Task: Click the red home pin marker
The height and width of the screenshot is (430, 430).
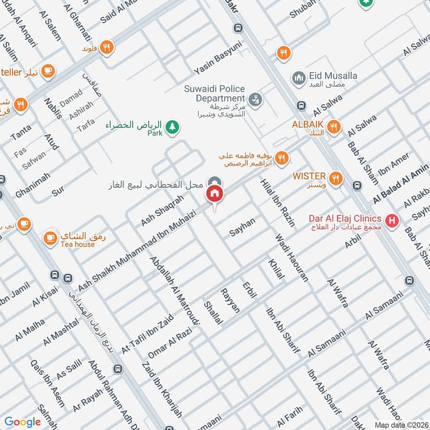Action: [x=215, y=193]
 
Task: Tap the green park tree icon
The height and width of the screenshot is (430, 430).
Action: [x=172, y=127]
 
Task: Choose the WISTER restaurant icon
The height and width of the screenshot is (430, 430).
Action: [x=336, y=177]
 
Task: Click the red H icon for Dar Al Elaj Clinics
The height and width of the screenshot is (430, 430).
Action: [x=392, y=220]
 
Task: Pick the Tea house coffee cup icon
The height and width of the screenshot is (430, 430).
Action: [x=50, y=236]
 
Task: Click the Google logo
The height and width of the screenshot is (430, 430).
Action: [x=24, y=422]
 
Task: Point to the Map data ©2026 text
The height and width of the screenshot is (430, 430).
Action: [x=400, y=424]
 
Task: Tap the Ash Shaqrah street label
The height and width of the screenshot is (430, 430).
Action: [x=162, y=210]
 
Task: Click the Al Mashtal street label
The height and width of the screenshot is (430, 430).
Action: [x=61, y=333]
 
